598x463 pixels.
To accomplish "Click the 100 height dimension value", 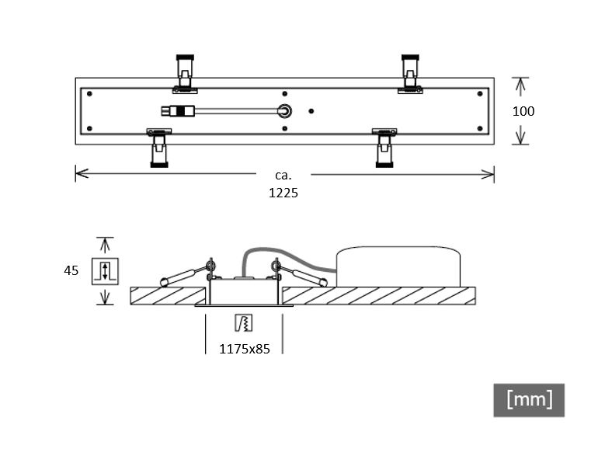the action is [x=523, y=111].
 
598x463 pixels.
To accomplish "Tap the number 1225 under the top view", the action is [x=283, y=193].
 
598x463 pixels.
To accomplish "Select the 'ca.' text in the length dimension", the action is [x=283, y=176].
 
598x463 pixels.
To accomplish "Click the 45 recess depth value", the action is [x=71, y=270].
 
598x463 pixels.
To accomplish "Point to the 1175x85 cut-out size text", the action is [x=245, y=349].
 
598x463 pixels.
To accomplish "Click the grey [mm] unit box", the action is [x=529, y=400].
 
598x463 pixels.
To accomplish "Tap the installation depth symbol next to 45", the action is [x=105, y=271].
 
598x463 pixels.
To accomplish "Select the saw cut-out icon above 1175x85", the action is [x=243, y=323].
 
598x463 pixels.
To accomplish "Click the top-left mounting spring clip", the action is [x=185, y=74].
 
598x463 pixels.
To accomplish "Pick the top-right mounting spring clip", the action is [x=410, y=74].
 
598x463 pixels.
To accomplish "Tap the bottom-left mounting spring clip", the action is [x=159, y=148].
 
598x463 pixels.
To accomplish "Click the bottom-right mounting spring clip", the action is [x=384, y=148].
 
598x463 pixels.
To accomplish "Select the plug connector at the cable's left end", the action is [x=178, y=111].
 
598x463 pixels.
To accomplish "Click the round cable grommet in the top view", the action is [x=284, y=111].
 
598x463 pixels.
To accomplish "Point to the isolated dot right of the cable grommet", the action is [x=311, y=111].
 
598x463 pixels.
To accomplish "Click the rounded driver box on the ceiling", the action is [x=398, y=266].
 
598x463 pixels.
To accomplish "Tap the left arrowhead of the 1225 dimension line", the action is [x=82, y=173].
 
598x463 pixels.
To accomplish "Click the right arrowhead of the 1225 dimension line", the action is [x=488, y=174].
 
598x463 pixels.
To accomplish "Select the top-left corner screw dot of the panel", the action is [x=89, y=93].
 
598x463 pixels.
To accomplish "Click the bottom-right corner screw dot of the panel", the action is [x=480, y=128].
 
